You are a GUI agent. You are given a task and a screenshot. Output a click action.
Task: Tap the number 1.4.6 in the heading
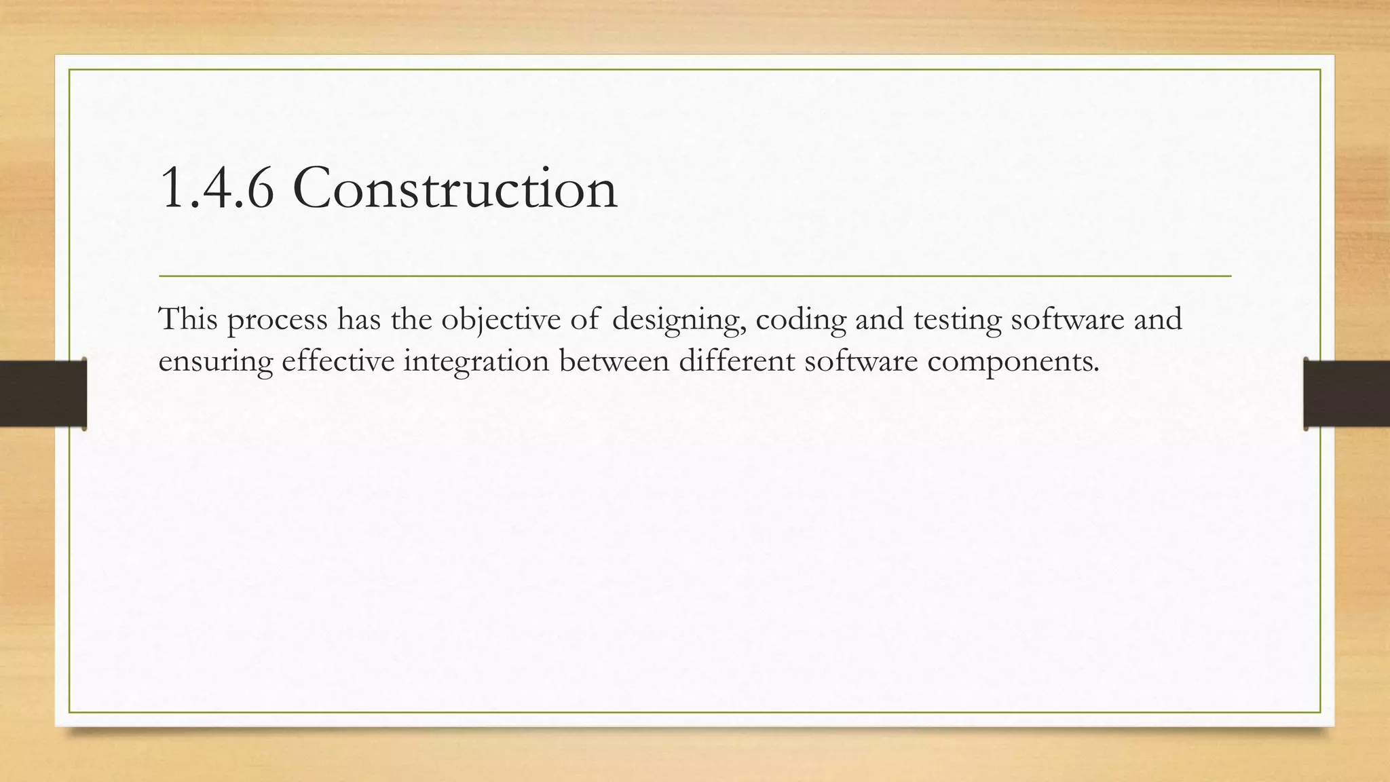click(217, 189)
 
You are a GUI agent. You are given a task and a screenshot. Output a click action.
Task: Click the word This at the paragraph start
click(187, 318)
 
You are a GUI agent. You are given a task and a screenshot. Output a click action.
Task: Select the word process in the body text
click(277, 320)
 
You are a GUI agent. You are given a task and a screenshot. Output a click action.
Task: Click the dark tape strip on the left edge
click(42, 394)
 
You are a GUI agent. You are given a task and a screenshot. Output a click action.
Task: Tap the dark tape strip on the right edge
click(1347, 394)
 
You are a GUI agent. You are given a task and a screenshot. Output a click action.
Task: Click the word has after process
click(359, 318)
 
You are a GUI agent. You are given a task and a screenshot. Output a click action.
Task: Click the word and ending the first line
click(1158, 318)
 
